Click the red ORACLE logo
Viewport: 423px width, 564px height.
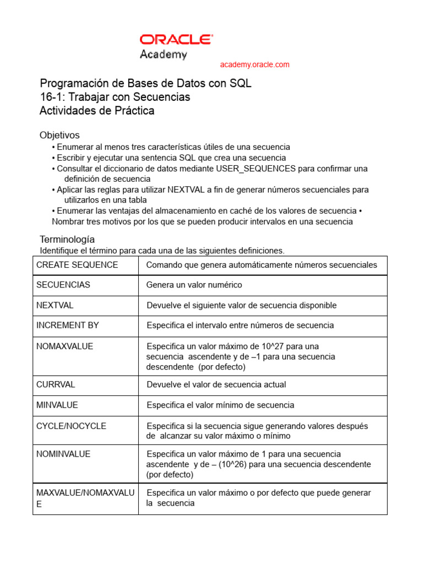[x=176, y=39]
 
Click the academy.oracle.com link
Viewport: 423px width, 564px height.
[x=254, y=64]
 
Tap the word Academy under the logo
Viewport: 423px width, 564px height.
[x=163, y=55]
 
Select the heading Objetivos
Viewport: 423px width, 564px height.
[x=59, y=135]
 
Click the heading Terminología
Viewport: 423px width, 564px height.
[x=67, y=239]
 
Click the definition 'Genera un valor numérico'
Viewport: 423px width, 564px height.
[x=194, y=285]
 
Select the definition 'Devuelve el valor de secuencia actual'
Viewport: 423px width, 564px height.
[x=216, y=384]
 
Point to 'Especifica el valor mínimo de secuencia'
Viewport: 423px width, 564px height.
[x=220, y=405]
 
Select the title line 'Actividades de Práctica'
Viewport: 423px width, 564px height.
[x=97, y=111]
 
